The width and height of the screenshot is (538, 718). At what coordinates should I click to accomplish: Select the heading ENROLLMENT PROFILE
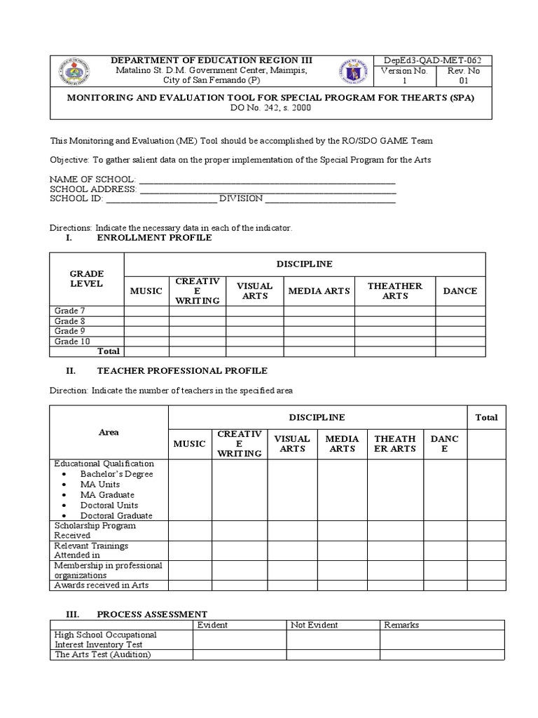coord(154,238)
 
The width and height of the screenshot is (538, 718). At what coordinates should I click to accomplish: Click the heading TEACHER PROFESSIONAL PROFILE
coord(182,370)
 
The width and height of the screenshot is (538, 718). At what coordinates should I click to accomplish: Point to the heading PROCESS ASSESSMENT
coord(152,614)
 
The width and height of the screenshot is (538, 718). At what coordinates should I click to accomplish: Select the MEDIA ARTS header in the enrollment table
coord(319,291)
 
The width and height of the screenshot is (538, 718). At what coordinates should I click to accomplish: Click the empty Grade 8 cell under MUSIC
coord(146,321)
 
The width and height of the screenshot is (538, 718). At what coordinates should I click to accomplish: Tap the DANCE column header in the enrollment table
coord(460,291)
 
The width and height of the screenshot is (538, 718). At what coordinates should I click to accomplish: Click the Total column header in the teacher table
coord(486,417)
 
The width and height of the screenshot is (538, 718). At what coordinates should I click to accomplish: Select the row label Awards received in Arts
coord(102,585)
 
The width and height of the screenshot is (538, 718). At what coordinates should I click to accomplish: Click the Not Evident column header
coord(315,624)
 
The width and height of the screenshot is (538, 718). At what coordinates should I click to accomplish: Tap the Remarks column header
coord(401,624)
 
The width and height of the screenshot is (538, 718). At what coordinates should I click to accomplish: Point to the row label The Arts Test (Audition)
coord(103,655)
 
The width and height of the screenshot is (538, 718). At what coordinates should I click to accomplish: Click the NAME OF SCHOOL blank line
coord(267,179)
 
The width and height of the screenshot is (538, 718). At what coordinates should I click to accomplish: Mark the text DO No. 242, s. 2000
coord(270,109)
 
